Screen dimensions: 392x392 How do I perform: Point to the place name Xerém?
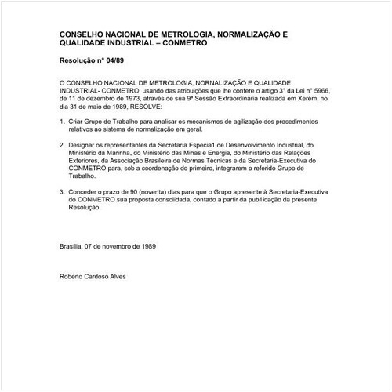(294, 99)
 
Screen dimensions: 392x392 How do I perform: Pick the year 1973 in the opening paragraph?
(129, 99)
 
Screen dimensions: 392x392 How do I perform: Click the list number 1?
(62, 122)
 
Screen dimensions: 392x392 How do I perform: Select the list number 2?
(62, 145)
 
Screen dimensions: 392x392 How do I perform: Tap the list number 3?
(62, 191)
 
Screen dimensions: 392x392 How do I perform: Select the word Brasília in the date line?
(73, 245)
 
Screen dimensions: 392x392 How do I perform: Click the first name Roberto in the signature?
(73, 276)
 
